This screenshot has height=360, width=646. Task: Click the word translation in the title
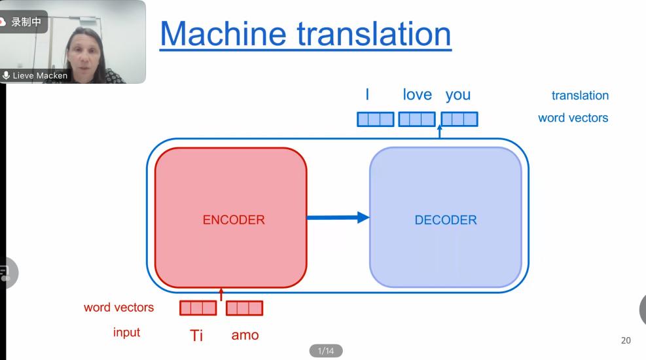pos(372,33)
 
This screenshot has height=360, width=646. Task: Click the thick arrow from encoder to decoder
pos(338,217)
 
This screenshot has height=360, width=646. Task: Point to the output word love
pos(417,95)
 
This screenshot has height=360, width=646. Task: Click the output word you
pos(458,95)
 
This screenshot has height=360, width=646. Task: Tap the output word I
pos(367,95)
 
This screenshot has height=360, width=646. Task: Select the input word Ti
pos(196,335)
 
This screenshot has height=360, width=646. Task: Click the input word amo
pos(245,335)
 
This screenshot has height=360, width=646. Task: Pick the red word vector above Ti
pos(198,308)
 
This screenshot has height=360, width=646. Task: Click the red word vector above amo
pos(245,308)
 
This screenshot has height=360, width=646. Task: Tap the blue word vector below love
pos(417,119)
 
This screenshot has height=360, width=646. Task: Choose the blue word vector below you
pos(459,119)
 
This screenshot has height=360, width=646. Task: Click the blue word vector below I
pos(375,119)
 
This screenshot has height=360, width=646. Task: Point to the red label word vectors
pos(118,307)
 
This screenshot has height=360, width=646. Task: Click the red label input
pos(126,333)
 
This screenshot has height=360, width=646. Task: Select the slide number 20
pos(626,340)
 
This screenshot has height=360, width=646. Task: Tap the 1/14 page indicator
pos(325,351)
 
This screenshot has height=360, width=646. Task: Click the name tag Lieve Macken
pos(39,75)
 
